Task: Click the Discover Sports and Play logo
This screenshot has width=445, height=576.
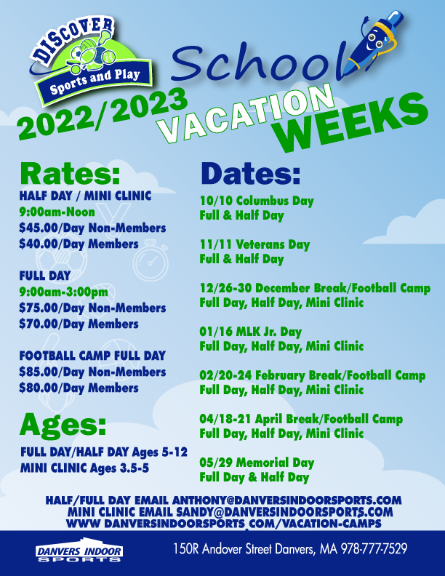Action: [x=90, y=60]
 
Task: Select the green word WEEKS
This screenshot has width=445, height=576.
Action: [x=353, y=123]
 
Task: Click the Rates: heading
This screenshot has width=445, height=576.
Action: [x=70, y=173]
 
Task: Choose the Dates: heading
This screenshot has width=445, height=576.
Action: [x=251, y=173]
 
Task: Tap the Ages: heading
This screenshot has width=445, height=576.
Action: [x=63, y=425]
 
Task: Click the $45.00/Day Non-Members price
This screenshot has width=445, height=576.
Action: [x=92, y=228]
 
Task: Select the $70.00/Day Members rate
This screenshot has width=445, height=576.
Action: [x=79, y=324]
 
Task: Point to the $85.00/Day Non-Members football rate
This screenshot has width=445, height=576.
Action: [x=92, y=372]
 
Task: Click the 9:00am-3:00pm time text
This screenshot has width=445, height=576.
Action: [x=64, y=292]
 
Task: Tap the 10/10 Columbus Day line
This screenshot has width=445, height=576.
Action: [x=257, y=201]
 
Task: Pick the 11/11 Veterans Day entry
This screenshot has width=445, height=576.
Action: [x=254, y=244]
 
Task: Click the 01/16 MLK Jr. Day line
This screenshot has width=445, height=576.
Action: [x=251, y=332]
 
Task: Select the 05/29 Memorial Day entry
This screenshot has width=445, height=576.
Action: [x=257, y=463]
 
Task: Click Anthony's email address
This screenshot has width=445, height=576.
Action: [x=286, y=500]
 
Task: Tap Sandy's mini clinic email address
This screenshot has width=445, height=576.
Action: [x=284, y=512]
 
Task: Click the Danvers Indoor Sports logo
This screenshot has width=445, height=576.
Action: [x=79, y=550]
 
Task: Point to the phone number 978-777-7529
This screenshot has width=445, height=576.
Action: [x=374, y=549]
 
